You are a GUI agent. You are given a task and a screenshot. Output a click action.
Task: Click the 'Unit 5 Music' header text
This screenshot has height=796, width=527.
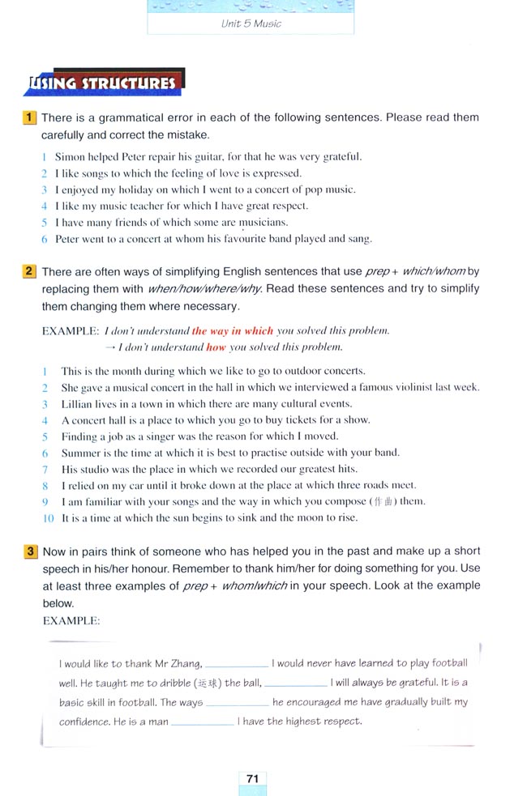coord(251,23)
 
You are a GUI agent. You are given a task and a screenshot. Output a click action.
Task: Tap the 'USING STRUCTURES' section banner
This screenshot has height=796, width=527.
coord(103,83)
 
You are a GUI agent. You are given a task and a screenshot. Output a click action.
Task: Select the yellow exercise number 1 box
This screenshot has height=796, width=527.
coord(30,117)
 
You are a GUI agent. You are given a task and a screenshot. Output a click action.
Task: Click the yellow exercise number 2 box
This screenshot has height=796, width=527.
coord(30,271)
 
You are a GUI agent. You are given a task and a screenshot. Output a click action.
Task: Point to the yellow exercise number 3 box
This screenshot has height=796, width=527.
coord(30,551)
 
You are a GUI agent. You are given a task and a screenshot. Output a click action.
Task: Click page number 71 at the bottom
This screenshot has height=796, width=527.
coord(252,778)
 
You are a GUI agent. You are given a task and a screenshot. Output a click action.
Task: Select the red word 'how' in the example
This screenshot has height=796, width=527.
coord(216,347)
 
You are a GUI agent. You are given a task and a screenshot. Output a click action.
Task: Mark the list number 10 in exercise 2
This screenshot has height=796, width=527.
coord(47,517)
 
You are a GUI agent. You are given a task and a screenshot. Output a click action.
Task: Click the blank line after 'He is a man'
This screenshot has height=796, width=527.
coord(202,722)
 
